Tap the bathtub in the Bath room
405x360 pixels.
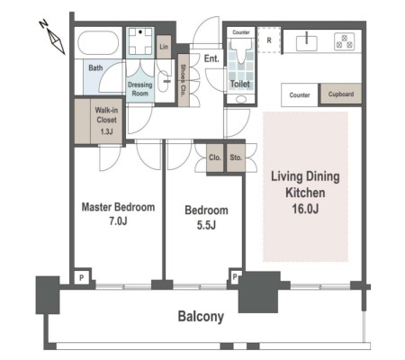click(x=98, y=42)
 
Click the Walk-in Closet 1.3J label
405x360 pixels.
click(x=106, y=121)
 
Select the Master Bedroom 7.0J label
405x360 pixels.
click(x=118, y=214)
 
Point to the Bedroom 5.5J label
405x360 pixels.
click(x=206, y=218)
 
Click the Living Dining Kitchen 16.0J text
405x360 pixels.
click(x=305, y=193)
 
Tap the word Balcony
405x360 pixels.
click(x=201, y=317)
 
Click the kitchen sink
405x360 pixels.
click(x=307, y=43)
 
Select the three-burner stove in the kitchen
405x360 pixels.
click(x=345, y=41)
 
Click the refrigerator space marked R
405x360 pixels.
click(x=269, y=40)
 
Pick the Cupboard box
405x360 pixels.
click(x=341, y=94)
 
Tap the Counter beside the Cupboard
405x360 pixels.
click(x=300, y=94)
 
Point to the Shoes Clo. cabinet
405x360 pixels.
click(x=183, y=80)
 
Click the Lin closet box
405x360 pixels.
click(x=164, y=47)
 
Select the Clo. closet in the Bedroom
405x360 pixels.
click(x=215, y=157)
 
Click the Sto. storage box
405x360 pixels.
click(x=236, y=157)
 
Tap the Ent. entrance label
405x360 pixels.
click(x=211, y=58)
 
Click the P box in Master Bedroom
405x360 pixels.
click(x=82, y=277)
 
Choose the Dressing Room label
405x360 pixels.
click(x=140, y=89)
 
